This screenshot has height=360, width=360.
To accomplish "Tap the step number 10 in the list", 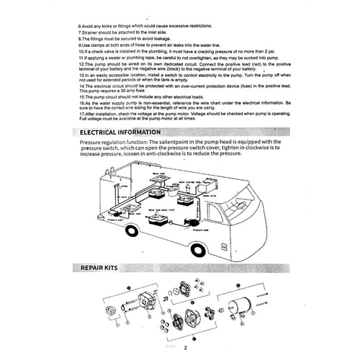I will pos(81,51).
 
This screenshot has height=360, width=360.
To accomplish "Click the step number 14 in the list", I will pos(81,85).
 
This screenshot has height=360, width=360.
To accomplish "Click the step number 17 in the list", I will pos(81,114).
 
